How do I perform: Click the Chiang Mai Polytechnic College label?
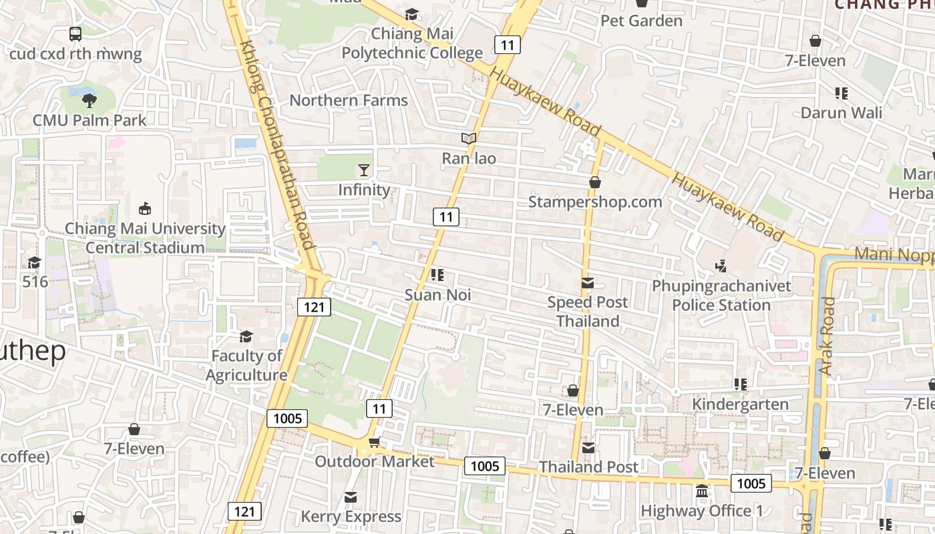coord(412,43)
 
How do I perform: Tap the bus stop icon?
coord(75,33)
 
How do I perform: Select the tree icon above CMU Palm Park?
coord(89,101)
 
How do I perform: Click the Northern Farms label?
coord(348,101)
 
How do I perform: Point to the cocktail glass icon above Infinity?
coord(364,170)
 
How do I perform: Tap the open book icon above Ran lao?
coord(469,139)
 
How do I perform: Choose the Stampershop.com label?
coord(595,202)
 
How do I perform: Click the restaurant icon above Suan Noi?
coord(437,275)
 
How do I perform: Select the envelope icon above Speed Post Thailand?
coord(588,283)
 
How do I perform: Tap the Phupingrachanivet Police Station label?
coord(721,296)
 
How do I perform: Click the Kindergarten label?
coord(740,405)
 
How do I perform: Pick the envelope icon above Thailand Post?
coord(588,448)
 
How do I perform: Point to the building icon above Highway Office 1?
coord(701,491)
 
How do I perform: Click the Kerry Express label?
coord(351,517)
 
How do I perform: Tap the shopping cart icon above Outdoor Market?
coord(374,442)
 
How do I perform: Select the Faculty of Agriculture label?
coord(246,365)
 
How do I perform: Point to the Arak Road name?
coord(827,336)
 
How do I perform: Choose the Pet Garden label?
coord(641,21)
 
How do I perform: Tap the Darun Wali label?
coord(841,112)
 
